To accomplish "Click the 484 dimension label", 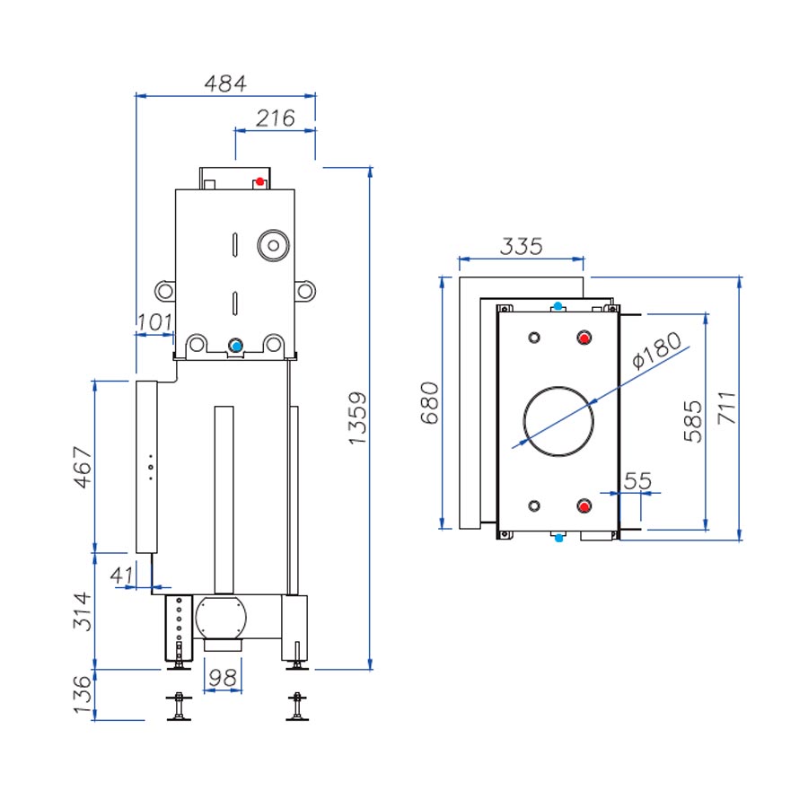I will pos(224,83).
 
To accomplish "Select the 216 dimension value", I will pos(275,118).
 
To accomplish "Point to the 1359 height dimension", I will pos(357,417).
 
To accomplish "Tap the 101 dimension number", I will pos(154,321).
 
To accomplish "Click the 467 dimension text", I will pos(83,467).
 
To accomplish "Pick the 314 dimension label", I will pos(83,610).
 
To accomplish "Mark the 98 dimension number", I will pos(222,678).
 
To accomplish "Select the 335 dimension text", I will pos(521,246).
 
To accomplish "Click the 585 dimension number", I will pos(692,421).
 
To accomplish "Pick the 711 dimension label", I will pos(725,408).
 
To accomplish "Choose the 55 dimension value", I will pos(637,480).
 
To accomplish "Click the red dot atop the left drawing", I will pos(259,181).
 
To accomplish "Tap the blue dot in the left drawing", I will pos(236,346).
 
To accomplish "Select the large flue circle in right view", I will pos(558,420).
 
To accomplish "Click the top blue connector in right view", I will pos(558,307).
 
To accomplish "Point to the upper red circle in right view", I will pos(585,338).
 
